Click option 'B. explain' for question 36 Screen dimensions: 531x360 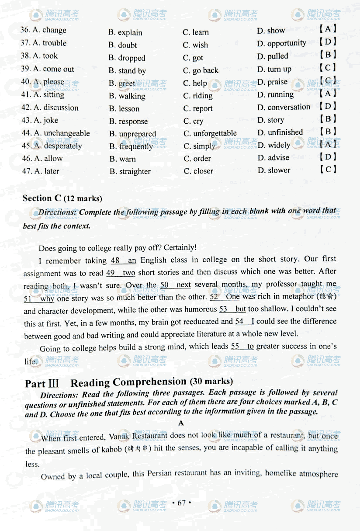tap(125, 32)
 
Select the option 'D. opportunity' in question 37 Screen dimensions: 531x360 tap(281, 43)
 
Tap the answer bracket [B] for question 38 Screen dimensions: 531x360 tap(328, 55)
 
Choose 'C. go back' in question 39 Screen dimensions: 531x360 tap(200, 70)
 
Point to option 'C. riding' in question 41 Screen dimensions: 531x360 tap(197, 96)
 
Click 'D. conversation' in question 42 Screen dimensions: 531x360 tap(284, 107)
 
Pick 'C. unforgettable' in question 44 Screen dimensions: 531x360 tap(210, 133)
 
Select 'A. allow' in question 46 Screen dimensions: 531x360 tap(42, 159)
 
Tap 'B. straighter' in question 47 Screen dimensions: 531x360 tap(130, 172)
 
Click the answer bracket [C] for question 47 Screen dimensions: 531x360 tap(328, 170)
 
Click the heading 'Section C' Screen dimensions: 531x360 tap(42, 198)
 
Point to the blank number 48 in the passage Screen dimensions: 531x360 tap(115, 261)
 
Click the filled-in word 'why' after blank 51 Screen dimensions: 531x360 tap(47, 299)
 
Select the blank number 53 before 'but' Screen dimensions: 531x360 tap(223, 309)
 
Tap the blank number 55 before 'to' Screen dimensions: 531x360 tap(235, 346)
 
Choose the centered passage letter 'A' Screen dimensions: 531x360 tap(181, 423)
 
